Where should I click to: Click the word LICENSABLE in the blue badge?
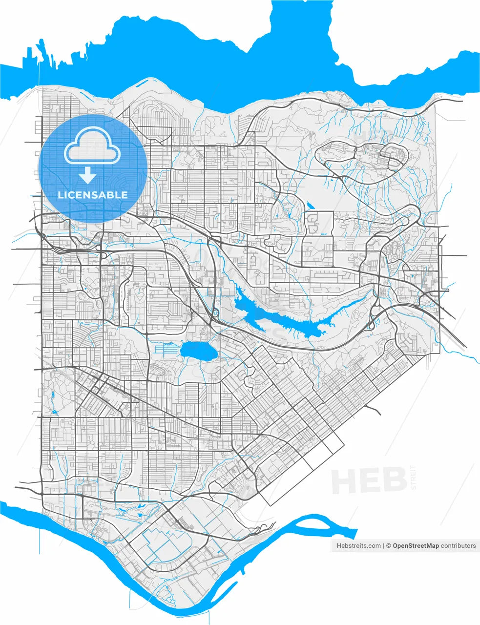[93, 195]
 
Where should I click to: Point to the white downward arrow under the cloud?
[88, 174]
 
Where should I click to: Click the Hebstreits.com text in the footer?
[358, 546]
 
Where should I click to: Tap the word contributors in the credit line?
[458, 546]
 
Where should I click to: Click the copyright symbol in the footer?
[389, 546]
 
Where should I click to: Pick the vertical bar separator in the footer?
[383, 546]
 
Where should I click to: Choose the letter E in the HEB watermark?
[370, 480]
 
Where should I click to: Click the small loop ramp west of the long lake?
[214, 312]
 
